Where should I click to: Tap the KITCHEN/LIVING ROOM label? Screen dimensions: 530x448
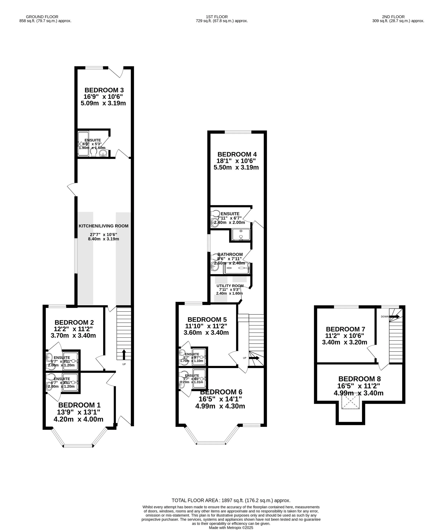coord(103,226)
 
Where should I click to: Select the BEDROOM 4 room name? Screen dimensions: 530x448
coord(237,154)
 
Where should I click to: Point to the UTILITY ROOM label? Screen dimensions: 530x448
coord(230,286)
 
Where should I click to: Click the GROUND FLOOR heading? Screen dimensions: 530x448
coord(42,17)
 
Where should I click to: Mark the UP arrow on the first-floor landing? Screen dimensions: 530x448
coord(254,358)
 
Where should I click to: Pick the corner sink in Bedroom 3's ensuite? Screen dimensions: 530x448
coord(103,153)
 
